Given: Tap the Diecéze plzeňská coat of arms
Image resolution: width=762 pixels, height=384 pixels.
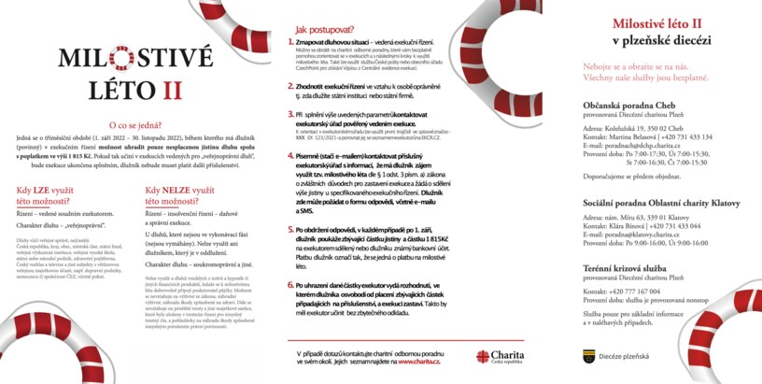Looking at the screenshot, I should (588, 354).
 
